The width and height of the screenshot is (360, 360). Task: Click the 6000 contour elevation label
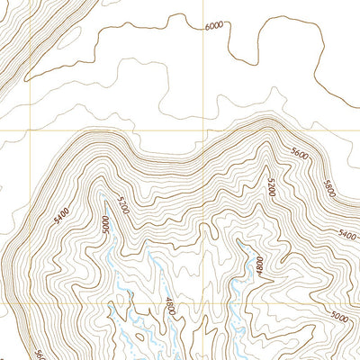tap(213, 26)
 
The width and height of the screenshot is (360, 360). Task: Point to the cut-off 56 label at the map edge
tap(40, 354)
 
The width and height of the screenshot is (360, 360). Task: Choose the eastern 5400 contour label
tap(346, 234)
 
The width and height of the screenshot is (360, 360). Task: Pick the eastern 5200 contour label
tap(270, 186)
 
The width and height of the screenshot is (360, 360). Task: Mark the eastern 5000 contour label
tap(339, 316)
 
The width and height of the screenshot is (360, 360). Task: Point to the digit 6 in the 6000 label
tap(206, 26)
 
